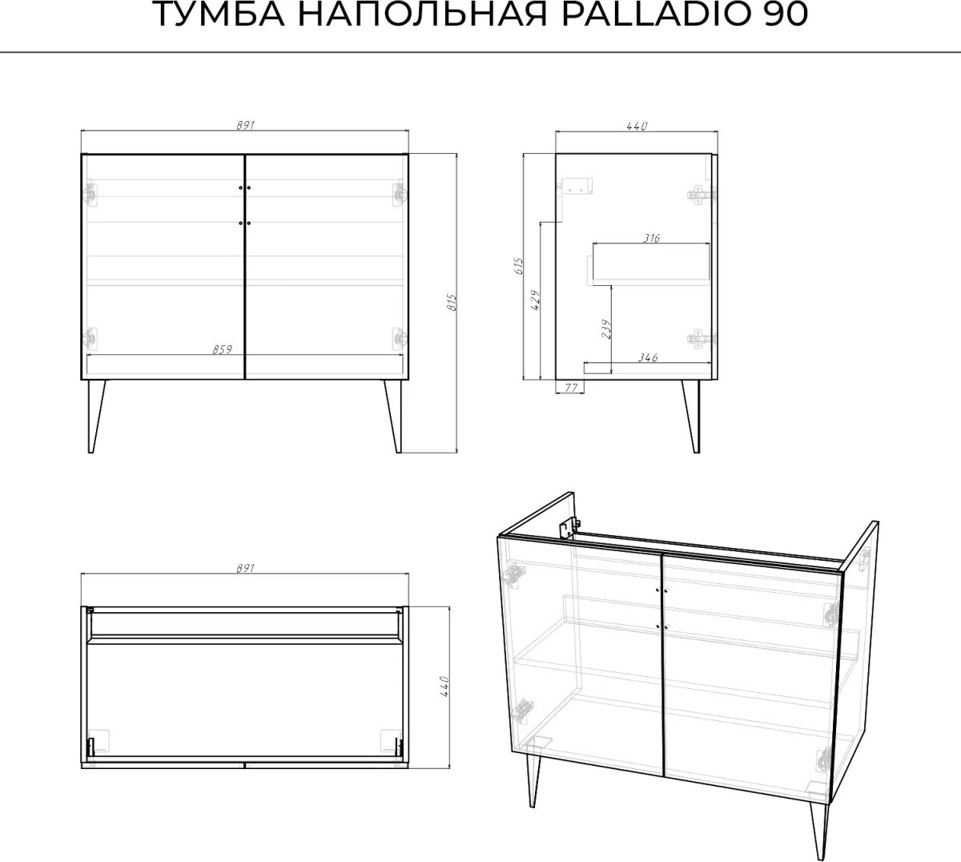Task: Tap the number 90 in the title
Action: (x=782, y=14)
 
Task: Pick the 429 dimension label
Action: (x=535, y=300)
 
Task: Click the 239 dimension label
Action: (x=606, y=328)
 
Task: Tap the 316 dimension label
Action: (x=651, y=238)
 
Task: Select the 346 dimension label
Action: (x=647, y=357)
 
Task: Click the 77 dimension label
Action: (x=572, y=387)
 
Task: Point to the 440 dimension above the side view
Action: (x=637, y=127)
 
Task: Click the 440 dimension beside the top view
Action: (x=444, y=687)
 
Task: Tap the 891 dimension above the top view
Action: (x=246, y=568)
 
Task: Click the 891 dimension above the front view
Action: (x=246, y=125)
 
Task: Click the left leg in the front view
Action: (x=96, y=416)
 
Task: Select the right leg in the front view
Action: (x=394, y=416)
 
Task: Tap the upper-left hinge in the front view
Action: (x=90, y=193)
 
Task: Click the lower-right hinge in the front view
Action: (x=400, y=338)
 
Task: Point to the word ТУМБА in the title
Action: (x=220, y=14)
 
